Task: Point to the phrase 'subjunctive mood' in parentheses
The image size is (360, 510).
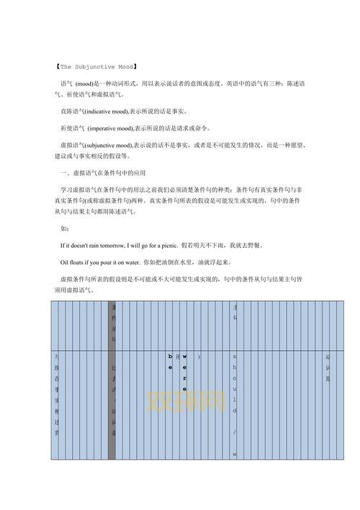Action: [x=110, y=145]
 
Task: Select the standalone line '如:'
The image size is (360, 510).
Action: [x=66, y=228]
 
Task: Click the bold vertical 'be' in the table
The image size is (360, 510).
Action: [x=171, y=362]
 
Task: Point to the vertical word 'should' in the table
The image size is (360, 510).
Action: [x=234, y=382]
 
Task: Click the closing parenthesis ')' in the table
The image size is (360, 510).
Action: [x=199, y=357]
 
